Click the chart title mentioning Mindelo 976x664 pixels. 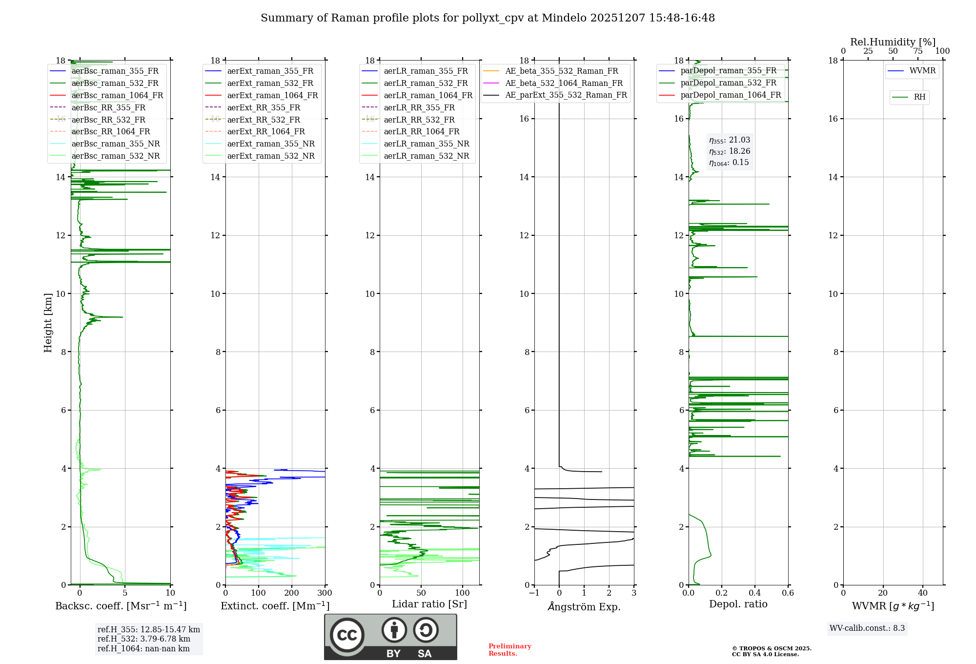488,18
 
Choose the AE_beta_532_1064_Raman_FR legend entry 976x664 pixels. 564,83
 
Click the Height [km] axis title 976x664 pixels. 48,322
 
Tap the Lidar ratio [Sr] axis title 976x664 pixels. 429,604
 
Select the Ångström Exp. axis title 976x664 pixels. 584,606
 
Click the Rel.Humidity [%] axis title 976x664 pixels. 893,42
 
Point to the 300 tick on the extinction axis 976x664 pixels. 325,593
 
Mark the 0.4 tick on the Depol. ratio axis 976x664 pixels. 755,593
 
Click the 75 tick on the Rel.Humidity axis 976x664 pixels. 917,51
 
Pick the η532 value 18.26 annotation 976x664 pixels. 730,151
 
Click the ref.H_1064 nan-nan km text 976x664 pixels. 143,648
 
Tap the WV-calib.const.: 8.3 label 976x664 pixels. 867,628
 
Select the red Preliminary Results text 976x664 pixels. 509,650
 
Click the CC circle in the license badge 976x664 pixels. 347,635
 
